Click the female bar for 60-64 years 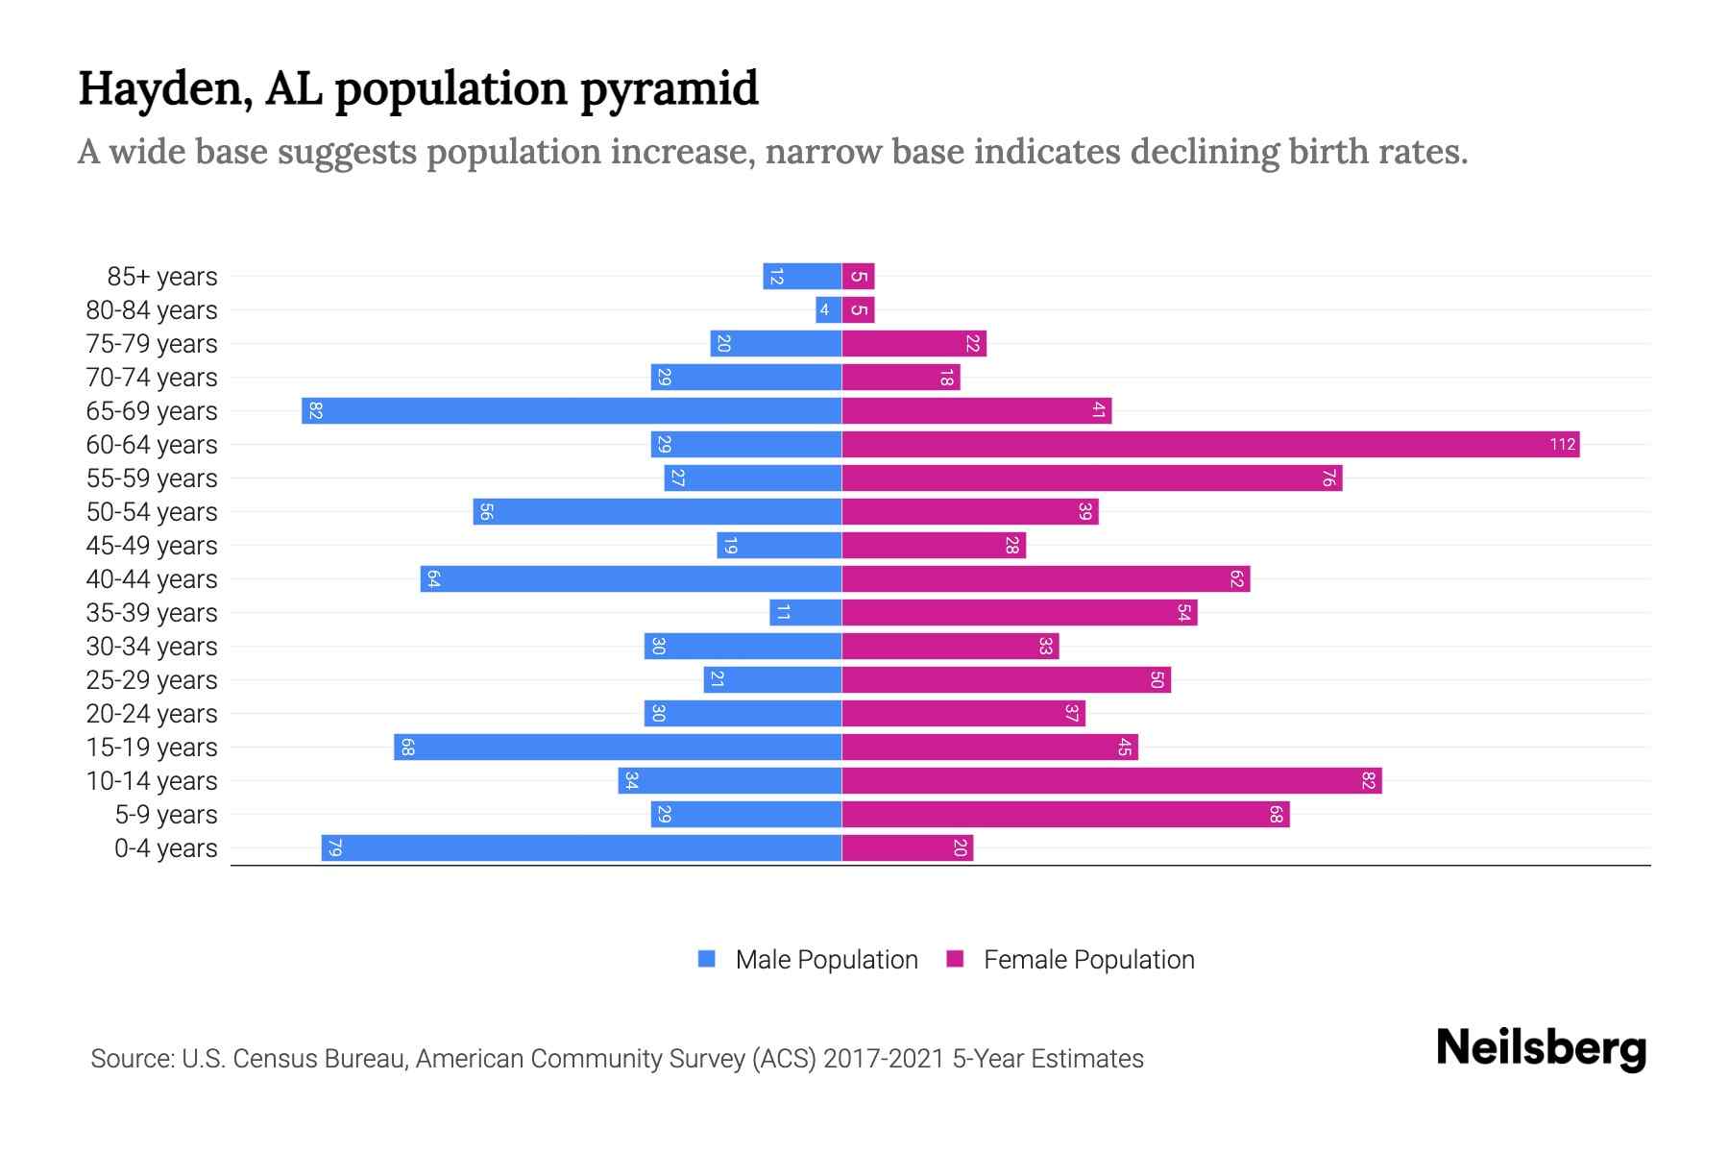point(1210,444)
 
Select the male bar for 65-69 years point(572,410)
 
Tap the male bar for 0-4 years point(581,847)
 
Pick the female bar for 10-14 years point(1111,780)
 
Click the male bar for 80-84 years point(828,309)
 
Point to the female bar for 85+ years point(858,277)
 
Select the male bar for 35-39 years point(805,612)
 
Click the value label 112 point(1562,444)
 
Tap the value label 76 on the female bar point(1328,478)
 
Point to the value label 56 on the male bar point(486,511)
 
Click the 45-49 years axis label point(152,546)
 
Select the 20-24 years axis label point(152,714)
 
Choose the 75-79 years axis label point(152,344)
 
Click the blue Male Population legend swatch point(707,959)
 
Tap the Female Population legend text point(1088,960)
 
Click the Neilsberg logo point(1541,1048)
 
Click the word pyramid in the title point(669,89)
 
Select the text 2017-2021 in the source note point(884,1059)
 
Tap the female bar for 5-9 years point(1065,814)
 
